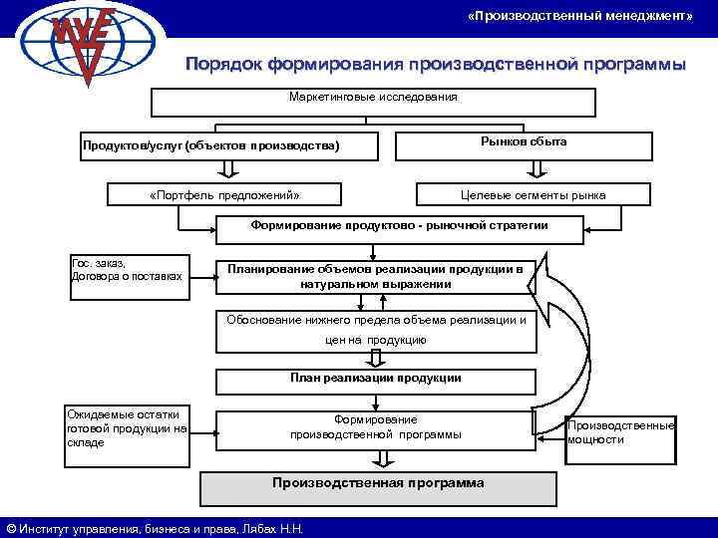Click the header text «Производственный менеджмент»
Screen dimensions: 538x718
579,18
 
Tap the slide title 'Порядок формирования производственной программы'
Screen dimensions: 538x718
436,65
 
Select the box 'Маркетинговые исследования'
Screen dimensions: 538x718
372,100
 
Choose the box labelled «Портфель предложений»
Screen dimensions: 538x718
223,194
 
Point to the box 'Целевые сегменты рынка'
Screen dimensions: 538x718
533,194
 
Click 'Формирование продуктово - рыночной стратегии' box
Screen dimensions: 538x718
385,228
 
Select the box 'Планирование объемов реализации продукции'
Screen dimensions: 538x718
375,276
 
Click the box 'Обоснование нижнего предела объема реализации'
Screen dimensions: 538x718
376,320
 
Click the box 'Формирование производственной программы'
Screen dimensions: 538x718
375,427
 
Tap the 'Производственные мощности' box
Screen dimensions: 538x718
620,432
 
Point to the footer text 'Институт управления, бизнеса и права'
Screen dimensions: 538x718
155,528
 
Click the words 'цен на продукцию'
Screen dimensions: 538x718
375,341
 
